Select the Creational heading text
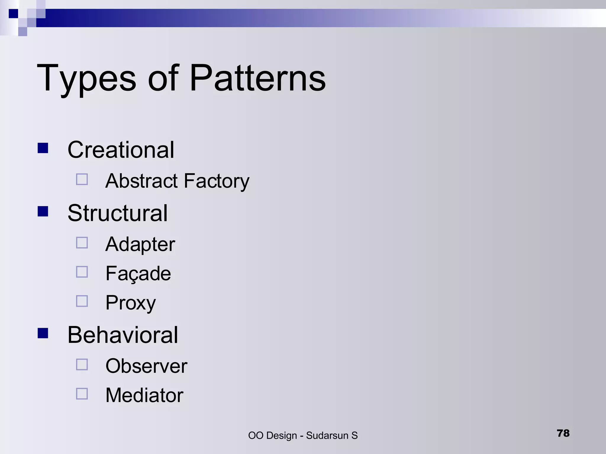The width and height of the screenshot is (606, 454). (x=121, y=150)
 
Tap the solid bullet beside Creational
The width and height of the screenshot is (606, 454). (x=43, y=148)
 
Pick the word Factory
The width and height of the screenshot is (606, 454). (x=217, y=181)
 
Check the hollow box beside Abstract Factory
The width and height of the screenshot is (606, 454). (x=82, y=179)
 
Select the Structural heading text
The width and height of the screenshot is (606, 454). (x=117, y=213)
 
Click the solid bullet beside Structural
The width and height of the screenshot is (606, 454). (x=43, y=211)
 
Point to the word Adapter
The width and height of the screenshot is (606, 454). (x=140, y=245)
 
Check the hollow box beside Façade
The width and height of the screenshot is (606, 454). (x=82, y=272)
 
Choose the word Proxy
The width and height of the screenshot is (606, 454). (x=130, y=303)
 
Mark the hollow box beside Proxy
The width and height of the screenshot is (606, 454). (x=82, y=301)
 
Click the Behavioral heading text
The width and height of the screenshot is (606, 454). (x=123, y=335)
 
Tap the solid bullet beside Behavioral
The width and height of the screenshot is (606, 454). (x=43, y=333)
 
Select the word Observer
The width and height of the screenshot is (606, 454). (x=146, y=366)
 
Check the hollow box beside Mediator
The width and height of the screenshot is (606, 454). (x=82, y=394)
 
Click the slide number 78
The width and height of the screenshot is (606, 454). (x=563, y=433)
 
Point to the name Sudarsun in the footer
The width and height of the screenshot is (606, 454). (x=327, y=436)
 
